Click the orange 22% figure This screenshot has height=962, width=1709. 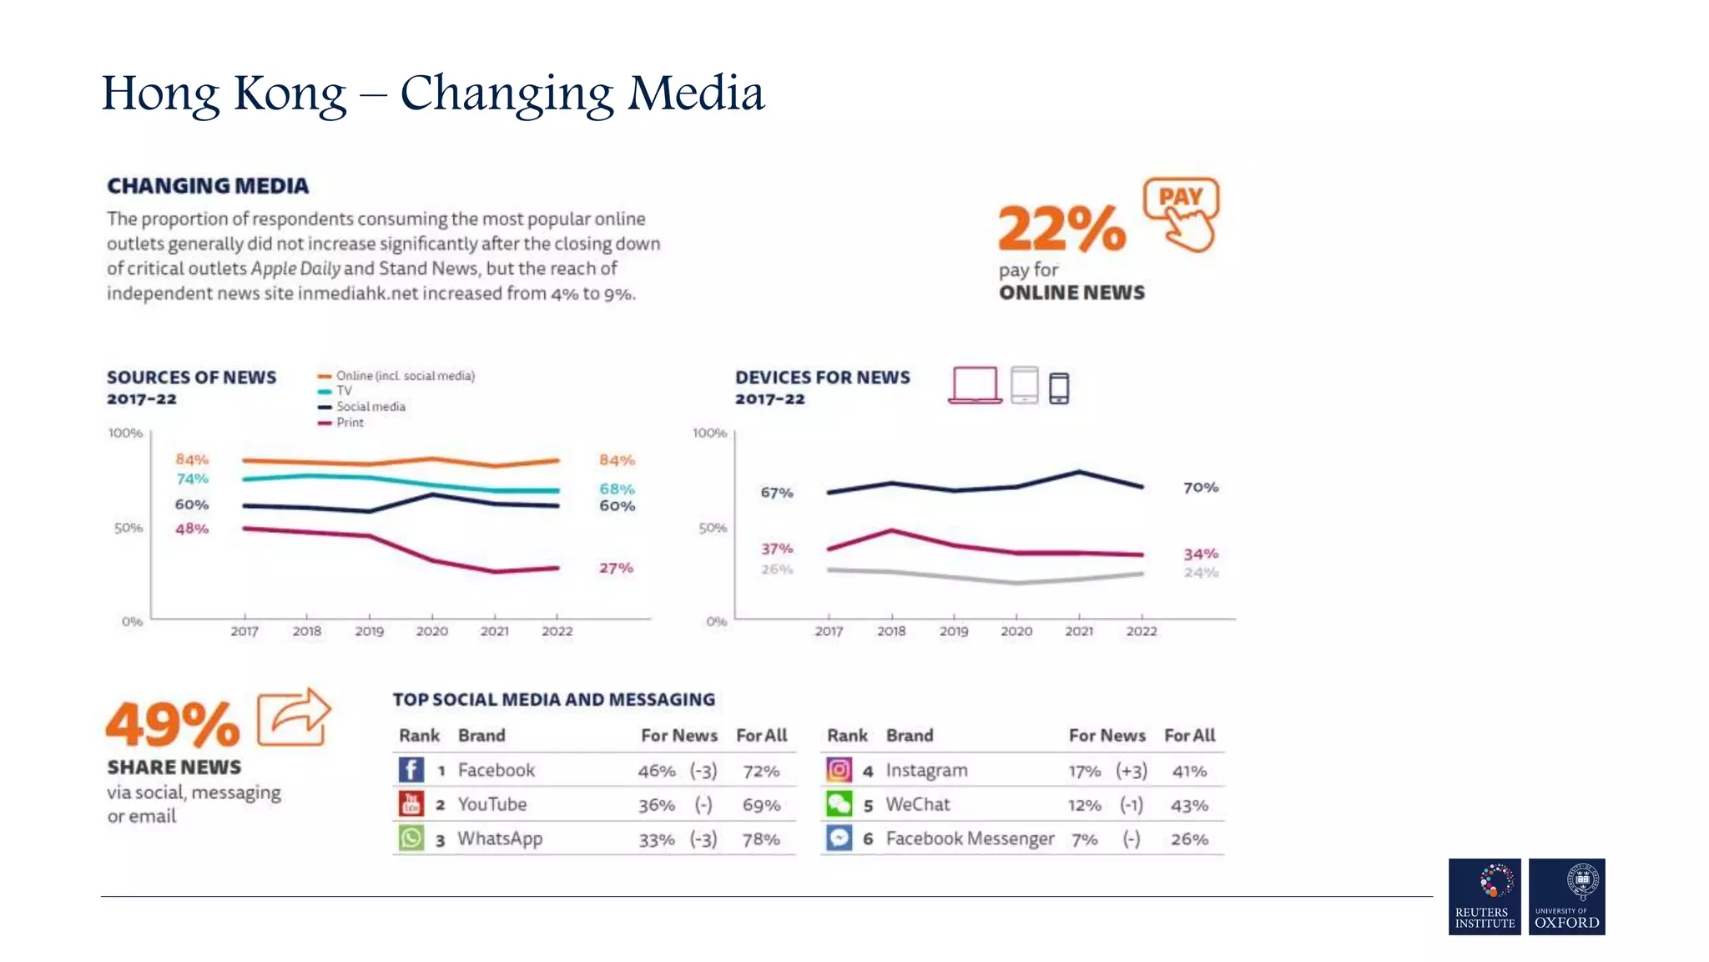[x=1061, y=228]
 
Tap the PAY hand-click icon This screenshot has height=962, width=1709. [x=1182, y=214]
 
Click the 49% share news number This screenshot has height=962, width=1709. [x=173, y=724]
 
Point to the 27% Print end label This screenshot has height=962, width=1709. [x=616, y=568]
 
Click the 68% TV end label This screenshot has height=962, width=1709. [x=617, y=489]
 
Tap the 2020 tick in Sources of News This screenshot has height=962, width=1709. [x=431, y=630]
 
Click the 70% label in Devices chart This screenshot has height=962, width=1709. [x=1200, y=487]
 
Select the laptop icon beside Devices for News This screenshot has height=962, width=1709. [x=975, y=385]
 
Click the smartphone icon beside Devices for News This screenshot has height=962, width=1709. [x=1058, y=388]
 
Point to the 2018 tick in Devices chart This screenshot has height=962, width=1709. [x=890, y=630]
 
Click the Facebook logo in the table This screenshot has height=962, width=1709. [x=411, y=769]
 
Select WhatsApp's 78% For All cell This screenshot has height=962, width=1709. [x=760, y=839]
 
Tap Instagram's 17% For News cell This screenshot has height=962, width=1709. [x=1084, y=772]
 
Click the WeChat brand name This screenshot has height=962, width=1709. [x=917, y=804]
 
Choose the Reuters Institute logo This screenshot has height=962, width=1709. [x=1484, y=896]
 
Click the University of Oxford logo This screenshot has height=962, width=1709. [x=1566, y=896]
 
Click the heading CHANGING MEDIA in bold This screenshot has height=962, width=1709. [x=208, y=185]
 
